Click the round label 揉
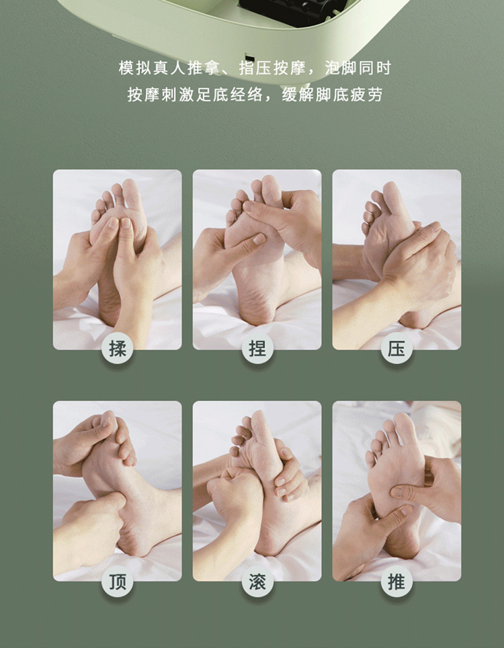(118, 348)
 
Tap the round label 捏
(257, 348)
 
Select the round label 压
(396, 348)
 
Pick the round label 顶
(118, 582)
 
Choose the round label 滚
(257, 582)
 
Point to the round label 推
(396, 582)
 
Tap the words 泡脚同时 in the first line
(358, 68)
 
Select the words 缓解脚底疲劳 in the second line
(332, 95)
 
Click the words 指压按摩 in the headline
(272, 68)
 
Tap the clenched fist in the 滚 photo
(235, 489)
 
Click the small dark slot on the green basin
(249, 58)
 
